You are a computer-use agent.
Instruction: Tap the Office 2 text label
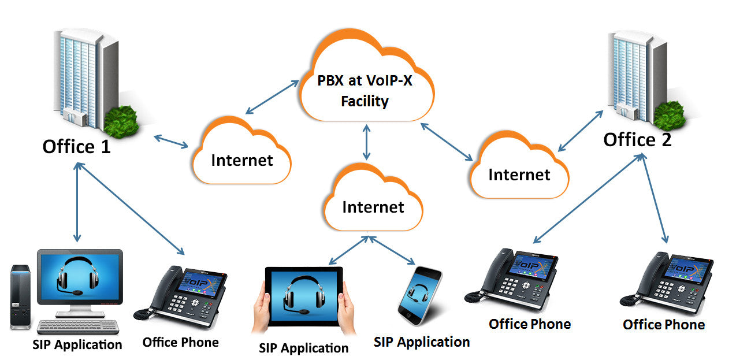coord(637,140)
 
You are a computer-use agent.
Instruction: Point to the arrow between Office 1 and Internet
coord(171,142)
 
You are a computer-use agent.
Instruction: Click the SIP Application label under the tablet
coord(304,348)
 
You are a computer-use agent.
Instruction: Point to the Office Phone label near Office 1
coord(180,343)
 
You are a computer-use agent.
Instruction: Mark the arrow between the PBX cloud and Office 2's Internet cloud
coord(447,141)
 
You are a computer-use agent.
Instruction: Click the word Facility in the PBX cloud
coord(365,102)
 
